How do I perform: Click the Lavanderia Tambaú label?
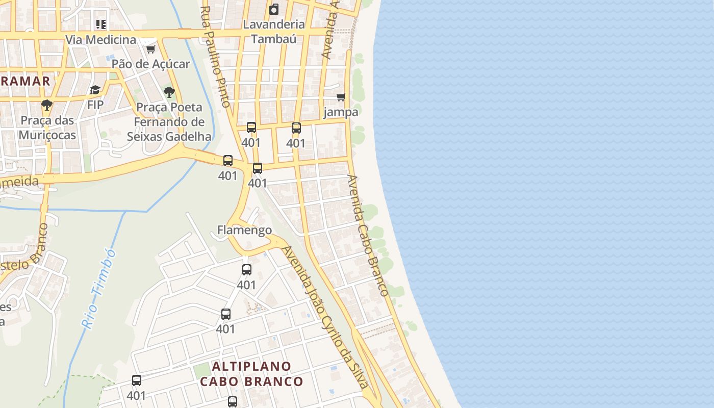(274, 31)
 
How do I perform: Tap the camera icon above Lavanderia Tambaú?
(274, 9)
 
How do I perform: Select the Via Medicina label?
(100, 40)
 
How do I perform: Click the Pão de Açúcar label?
(150, 64)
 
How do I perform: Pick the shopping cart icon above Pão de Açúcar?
(150, 49)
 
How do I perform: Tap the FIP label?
(95, 105)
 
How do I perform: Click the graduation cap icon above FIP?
(95, 90)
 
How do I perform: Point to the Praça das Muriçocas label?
(47, 127)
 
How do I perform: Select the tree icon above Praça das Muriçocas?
(47, 106)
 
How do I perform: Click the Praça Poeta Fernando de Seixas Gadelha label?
(169, 122)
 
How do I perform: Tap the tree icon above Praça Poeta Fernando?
(169, 92)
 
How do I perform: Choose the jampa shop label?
(341, 112)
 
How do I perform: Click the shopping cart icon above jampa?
(341, 97)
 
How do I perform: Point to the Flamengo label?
(244, 230)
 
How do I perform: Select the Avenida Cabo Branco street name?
(368, 235)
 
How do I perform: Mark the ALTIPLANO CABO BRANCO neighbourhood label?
(251, 374)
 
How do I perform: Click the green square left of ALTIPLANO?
(202, 371)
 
